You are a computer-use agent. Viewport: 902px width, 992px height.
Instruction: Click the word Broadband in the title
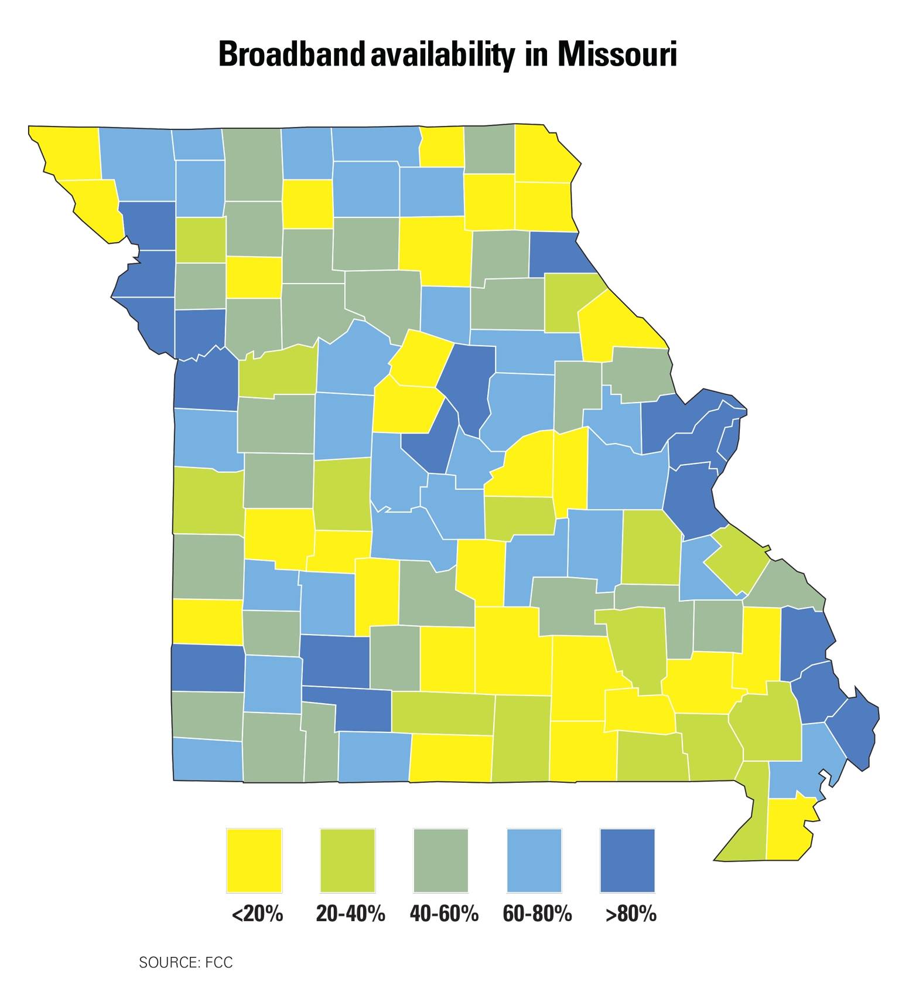click(292, 55)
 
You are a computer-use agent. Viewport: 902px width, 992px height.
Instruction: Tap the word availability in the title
click(442, 55)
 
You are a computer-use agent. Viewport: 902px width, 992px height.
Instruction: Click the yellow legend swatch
click(254, 860)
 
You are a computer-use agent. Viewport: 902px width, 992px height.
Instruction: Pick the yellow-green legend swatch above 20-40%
click(348, 860)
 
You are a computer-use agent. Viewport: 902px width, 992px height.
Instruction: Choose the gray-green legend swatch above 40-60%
click(441, 860)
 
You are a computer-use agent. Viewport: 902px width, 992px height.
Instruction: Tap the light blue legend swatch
click(534, 860)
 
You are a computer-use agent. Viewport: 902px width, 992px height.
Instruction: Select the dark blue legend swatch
click(627, 860)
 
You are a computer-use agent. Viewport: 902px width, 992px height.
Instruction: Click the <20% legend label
click(257, 913)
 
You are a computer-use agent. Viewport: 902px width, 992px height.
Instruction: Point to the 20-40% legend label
click(350, 913)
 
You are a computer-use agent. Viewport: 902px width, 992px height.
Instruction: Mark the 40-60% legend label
click(444, 913)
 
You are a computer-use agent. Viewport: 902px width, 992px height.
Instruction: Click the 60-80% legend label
click(537, 913)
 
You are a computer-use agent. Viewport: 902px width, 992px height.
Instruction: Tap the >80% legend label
click(631, 913)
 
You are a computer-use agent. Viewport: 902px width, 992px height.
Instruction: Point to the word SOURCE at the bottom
click(169, 962)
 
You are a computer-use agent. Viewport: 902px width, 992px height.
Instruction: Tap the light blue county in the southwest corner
click(208, 759)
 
